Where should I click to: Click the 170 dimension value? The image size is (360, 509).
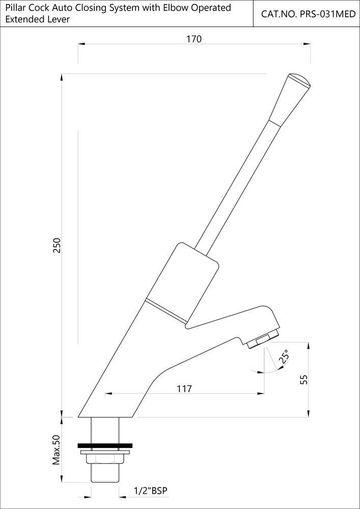point(194,39)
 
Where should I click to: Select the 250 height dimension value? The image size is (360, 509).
point(57,246)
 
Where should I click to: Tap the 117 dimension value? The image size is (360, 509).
point(184,389)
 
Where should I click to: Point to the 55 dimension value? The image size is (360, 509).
point(304,379)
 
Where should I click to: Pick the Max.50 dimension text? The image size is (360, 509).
point(57,450)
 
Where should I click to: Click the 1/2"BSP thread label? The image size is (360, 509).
point(150,491)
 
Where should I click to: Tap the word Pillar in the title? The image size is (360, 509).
point(16,8)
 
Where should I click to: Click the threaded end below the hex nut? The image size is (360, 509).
point(105,473)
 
